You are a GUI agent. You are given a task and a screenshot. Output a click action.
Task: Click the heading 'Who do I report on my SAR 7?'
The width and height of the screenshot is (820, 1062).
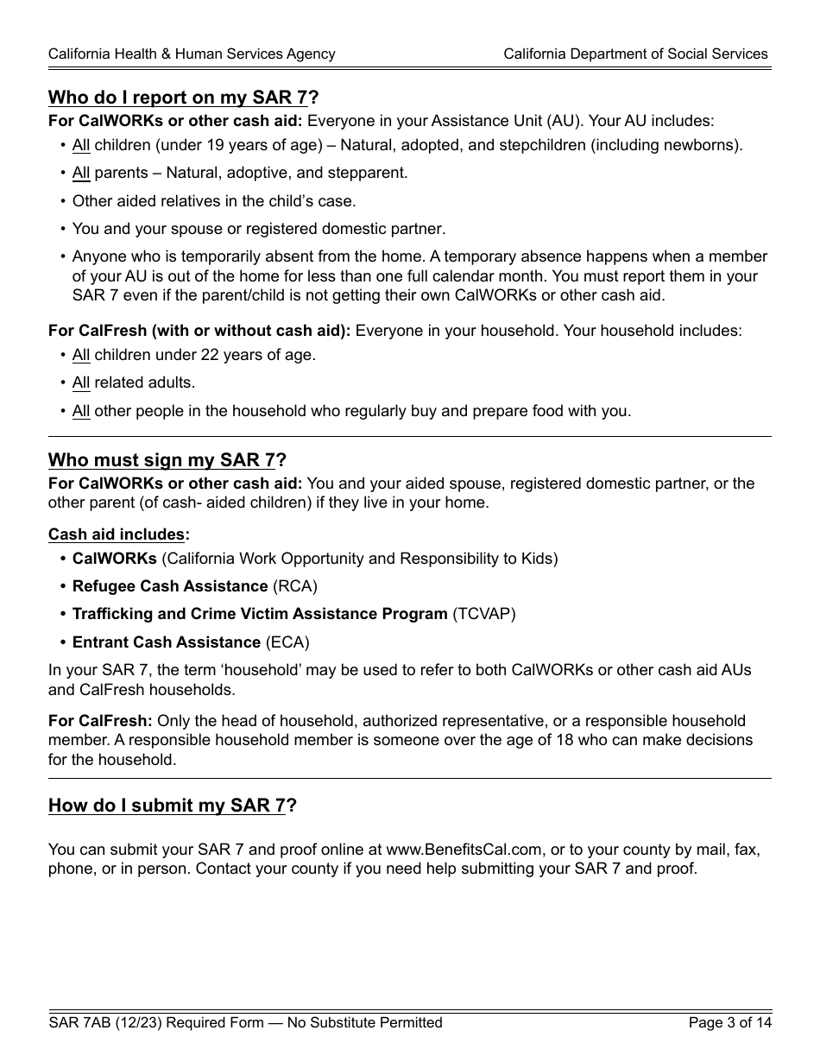click(x=184, y=98)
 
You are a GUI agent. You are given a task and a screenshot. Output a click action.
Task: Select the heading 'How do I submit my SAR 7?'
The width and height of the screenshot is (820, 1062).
click(x=173, y=806)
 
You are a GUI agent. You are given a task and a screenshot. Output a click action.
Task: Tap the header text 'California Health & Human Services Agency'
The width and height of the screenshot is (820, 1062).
click(x=192, y=54)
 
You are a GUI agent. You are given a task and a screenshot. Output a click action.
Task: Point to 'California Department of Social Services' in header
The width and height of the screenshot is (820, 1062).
click(x=635, y=54)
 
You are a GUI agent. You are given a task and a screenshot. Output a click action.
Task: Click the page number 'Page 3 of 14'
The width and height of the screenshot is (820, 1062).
click(x=729, y=1023)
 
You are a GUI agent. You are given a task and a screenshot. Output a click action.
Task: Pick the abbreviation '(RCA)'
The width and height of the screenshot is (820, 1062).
click(x=295, y=586)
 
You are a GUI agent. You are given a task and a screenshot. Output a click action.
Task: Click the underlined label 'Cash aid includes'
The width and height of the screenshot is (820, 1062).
click(x=117, y=534)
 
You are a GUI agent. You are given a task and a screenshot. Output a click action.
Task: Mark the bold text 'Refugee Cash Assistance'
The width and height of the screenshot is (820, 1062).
click(x=170, y=586)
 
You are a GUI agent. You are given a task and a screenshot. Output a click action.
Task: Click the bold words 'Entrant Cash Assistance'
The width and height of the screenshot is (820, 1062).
click(x=167, y=642)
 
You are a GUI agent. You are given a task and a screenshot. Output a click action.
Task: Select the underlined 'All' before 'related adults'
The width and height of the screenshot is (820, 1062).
click(x=81, y=382)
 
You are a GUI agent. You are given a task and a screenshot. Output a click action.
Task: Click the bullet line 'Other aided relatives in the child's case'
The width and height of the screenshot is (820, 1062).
click(x=214, y=201)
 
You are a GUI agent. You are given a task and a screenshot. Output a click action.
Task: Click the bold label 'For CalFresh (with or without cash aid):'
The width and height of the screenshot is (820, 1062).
click(x=199, y=331)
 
